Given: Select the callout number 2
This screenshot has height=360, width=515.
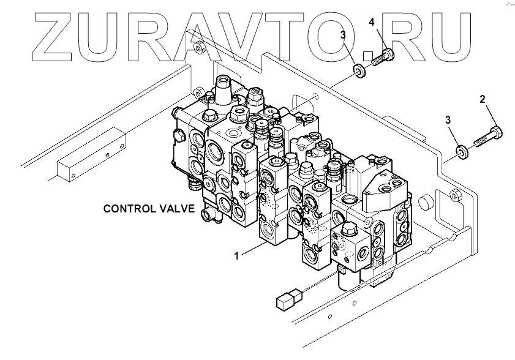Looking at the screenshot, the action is [x=482, y=99].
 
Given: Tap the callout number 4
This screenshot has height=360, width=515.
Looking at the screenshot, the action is [x=371, y=23].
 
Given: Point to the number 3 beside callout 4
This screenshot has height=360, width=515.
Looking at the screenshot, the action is [x=344, y=36].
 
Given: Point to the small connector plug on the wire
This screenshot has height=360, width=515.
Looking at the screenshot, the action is [x=284, y=301].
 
